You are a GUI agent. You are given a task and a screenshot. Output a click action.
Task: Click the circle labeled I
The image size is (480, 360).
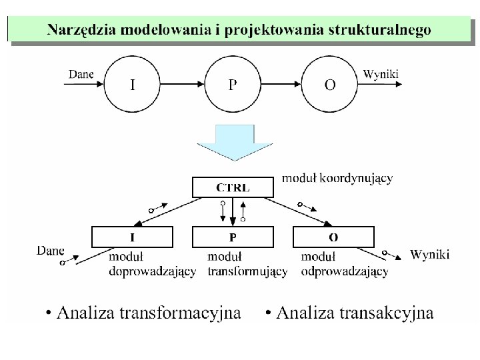click(133, 85)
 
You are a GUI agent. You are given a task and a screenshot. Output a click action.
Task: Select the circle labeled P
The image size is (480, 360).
click(232, 85)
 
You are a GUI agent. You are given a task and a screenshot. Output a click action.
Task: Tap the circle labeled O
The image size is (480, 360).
click(330, 85)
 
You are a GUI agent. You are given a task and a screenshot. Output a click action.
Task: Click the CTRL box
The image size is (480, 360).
click(233, 187)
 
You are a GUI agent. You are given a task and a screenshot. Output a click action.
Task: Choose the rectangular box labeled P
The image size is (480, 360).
click(233, 237)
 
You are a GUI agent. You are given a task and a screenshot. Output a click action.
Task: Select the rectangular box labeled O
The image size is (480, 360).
click(333, 237)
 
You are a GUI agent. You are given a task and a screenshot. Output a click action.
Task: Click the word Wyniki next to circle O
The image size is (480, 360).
click(381, 73)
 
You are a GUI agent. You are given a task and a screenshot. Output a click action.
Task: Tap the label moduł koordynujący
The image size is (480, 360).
click(337, 178)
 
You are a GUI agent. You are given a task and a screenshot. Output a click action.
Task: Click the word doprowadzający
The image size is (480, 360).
click(152, 271)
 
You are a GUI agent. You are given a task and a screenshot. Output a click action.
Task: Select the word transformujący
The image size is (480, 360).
click(247, 271)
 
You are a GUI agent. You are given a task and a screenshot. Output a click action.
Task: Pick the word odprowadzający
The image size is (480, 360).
click(345, 271)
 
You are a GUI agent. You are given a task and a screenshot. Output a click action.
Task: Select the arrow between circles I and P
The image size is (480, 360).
click(182, 85)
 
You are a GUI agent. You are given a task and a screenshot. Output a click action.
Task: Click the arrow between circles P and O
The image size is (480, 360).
click(281, 85)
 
